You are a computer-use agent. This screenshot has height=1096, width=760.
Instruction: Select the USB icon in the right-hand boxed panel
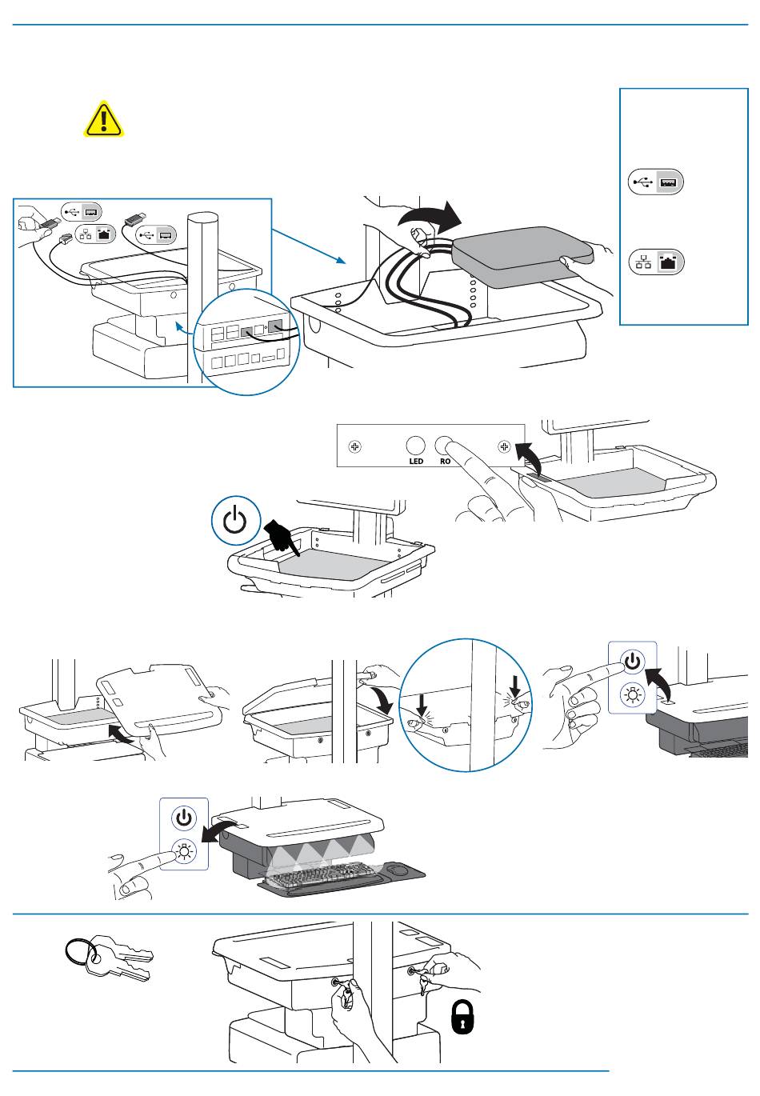click(657, 182)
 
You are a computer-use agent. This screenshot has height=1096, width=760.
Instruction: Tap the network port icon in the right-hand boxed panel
click(657, 262)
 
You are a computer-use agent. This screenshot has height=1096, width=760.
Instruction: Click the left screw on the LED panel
click(357, 446)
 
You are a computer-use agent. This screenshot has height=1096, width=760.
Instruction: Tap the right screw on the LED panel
click(504, 446)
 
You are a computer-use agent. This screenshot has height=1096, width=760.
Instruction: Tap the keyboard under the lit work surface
click(328, 878)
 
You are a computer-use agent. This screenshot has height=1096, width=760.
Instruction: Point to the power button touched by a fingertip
click(633, 662)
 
